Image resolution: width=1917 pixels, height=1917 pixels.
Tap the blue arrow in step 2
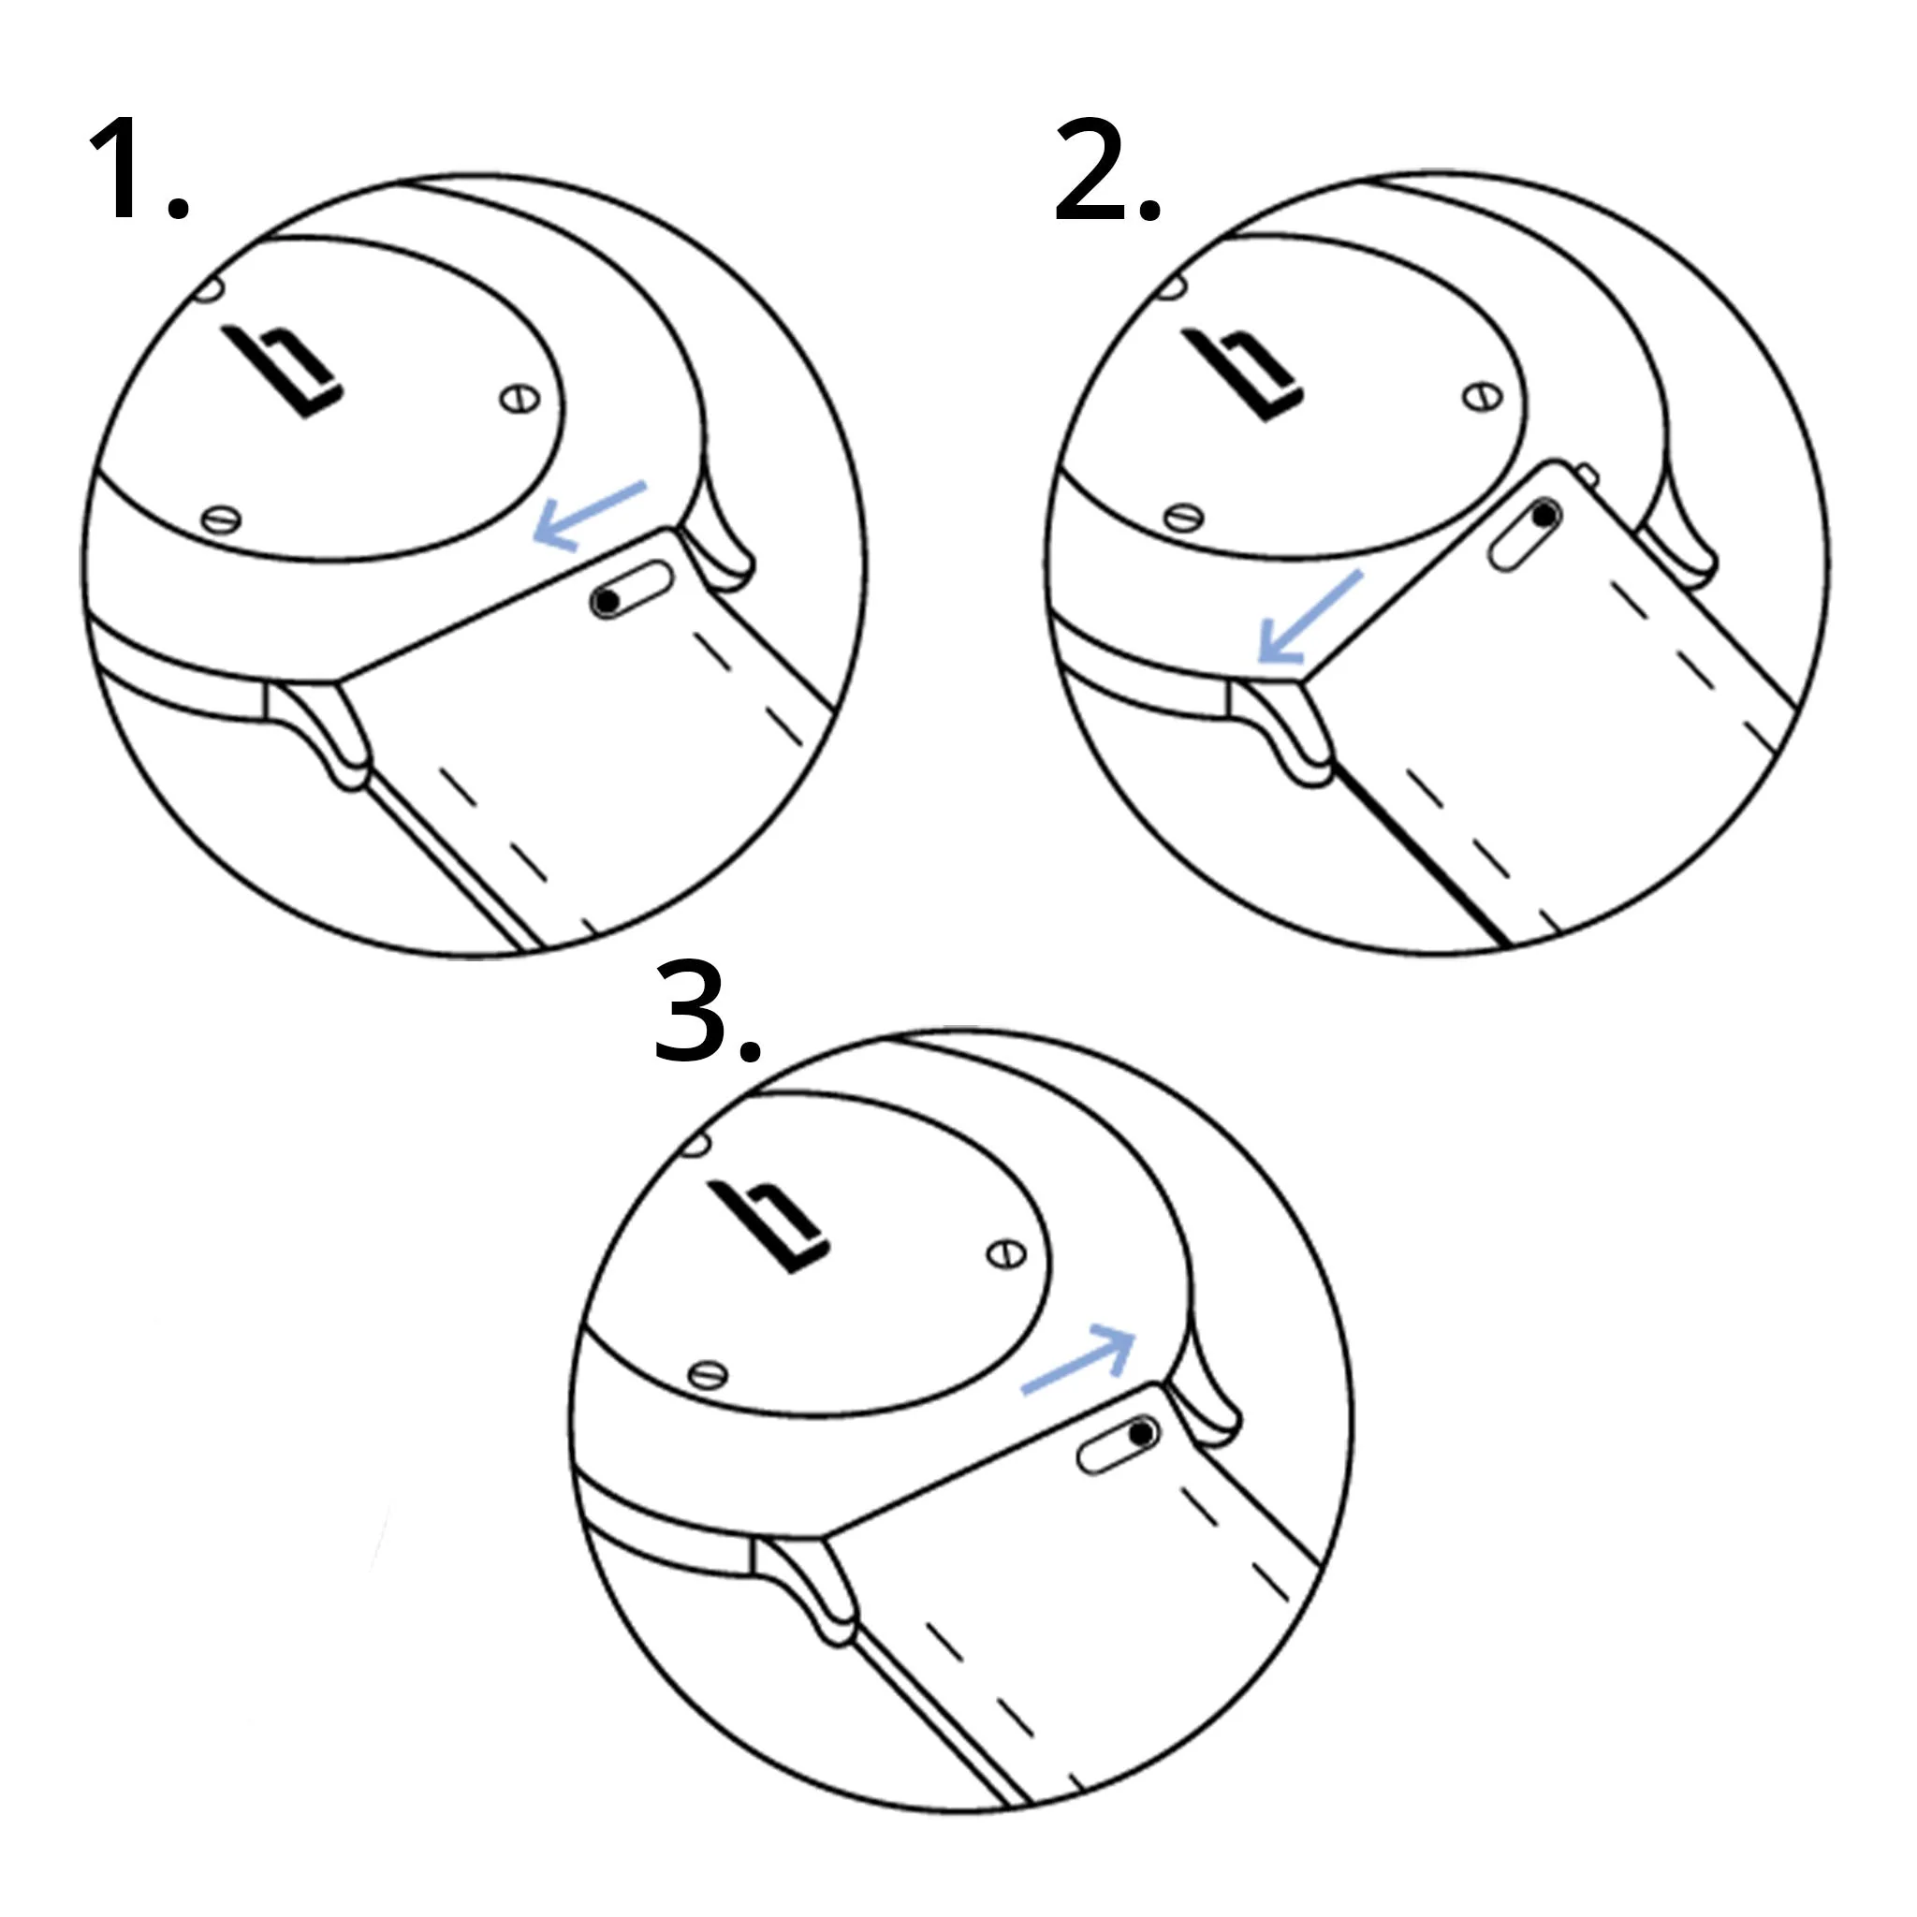tap(1309, 617)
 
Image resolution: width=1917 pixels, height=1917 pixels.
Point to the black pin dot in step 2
tap(1544, 516)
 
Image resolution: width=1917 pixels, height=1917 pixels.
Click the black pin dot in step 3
tap(1142, 1434)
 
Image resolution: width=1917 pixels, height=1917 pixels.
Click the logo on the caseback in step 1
tap(284, 373)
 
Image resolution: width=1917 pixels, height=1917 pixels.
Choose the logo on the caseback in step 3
tap(773, 1226)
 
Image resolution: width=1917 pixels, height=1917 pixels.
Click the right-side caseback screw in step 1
tap(519, 400)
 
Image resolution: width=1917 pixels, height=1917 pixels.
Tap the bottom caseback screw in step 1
tap(220, 519)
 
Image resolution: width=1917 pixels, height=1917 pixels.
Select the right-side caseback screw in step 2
tap(1482, 398)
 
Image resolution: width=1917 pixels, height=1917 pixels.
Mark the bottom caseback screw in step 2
tap(1184, 517)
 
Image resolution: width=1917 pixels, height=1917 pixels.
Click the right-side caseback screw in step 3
tap(1006, 1255)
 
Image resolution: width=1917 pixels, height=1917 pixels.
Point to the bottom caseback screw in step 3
tap(708, 1374)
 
